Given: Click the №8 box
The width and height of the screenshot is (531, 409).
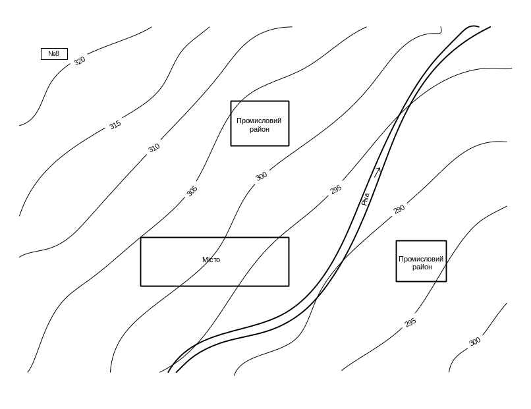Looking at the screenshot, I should click(x=54, y=53).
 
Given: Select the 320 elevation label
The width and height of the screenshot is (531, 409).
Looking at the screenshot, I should click(x=79, y=61).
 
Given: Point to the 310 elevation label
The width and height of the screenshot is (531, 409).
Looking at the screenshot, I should click(x=154, y=148).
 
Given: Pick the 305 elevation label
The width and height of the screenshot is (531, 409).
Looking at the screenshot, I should click(x=192, y=191).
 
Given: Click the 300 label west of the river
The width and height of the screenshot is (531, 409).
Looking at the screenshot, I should click(x=262, y=176).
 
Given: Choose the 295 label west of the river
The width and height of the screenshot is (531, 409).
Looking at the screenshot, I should click(x=336, y=190).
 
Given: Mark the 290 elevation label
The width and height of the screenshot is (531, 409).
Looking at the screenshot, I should click(x=399, y=210).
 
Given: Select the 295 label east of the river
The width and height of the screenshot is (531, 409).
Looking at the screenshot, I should click(x=410, y=323).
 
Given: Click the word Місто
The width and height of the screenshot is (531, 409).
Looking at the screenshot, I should click(x=211, y=260).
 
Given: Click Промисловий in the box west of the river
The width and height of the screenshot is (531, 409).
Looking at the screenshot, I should click(x=259, y=121).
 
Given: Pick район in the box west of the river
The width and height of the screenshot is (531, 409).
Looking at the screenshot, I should click(x=259, y=129).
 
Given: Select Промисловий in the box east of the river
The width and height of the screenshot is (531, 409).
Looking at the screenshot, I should click(x=422, y=259).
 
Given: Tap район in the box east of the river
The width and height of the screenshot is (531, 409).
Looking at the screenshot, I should click(x=422, y=267).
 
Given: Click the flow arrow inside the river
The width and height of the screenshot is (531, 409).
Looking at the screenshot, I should click(x=377, y=171).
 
